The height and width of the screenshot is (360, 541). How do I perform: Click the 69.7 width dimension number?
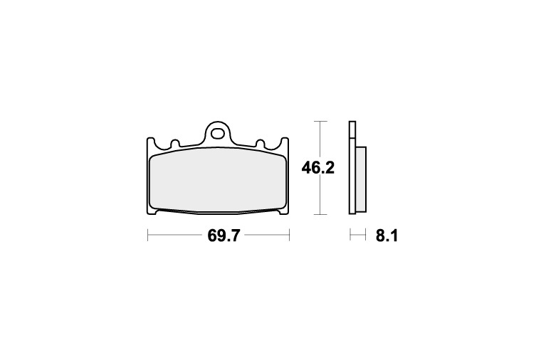(x=224, y=236)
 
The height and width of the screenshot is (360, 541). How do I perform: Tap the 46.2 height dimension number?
(x=317, y=168)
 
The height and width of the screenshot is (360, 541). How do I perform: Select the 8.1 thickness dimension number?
(x=387, y=236)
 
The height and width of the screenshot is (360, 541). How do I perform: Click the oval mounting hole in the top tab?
(x=217, y=134)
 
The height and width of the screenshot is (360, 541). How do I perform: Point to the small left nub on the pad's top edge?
(x=175, y=143)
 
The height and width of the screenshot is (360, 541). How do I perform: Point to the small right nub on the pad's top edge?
(x=260, y=143)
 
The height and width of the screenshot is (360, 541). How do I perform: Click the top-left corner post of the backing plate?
(x=150, y=142)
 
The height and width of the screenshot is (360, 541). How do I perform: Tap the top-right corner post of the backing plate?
(x=285, y=142)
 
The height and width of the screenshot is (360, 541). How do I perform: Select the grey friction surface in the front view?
(x=217, y=180)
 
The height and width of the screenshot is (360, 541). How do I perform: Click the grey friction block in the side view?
(x=361, y=179)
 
